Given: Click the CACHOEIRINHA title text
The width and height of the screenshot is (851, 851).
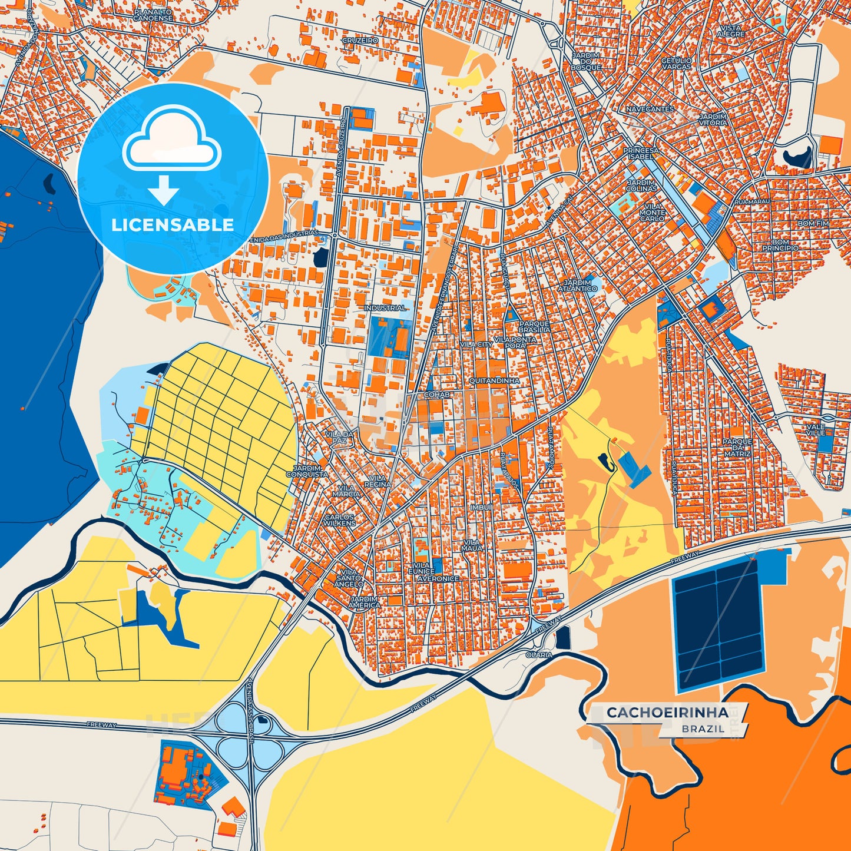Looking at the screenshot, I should pyautogui.click(x=667, y=713).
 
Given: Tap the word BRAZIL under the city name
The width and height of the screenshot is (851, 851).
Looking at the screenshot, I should pyautogui.click(x=703, y=729).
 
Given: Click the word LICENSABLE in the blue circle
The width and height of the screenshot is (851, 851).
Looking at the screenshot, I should pyautogui.click(x=173, y=225).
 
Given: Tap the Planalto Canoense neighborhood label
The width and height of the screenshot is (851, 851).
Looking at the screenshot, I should pyautogui.click(x=153, y=15).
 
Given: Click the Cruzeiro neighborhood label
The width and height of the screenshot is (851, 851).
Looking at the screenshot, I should pyautogui.click(x=360, y=41).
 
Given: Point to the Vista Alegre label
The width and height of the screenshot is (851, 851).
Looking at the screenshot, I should pyautogui.click(x=731, y=31).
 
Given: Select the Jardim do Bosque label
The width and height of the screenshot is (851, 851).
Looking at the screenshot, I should pyautogui.click(x=585, y=61).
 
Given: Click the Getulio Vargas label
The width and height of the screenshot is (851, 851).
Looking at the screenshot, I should pyautogui.click(x=676, y=64).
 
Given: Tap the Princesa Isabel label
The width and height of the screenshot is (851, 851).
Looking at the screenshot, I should pyautogui.click(x=641, y=154).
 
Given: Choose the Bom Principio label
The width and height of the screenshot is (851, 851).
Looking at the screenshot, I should pyautogui.click(x=780, y=245).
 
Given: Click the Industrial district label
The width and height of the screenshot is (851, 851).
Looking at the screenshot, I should pyautogui.click(x=385, y=308).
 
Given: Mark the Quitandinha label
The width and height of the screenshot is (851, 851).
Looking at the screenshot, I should pyautogui.click(x=494, y=381).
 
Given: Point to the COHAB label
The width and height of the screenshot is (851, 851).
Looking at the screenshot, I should pyautogui.click(x=437, y=395).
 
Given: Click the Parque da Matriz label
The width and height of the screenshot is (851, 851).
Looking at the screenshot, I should pyautogui.click(x=737, y=448).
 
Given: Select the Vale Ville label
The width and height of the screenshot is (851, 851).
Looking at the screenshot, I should pyautogui.click(x=816, y=429).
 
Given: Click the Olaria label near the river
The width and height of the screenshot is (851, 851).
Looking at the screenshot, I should pyautogui.click(x=539, y=655).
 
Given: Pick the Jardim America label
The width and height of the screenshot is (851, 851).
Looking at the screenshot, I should pyautogui.click(x=364, y=601).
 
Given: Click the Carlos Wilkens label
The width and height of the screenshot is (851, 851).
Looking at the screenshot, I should pyautogui.click(x=340, y=520).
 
